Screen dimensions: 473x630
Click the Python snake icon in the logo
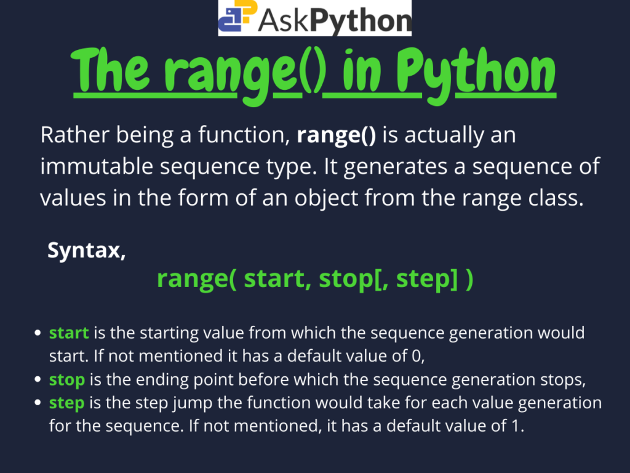[237, 19]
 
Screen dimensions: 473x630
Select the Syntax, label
[87, 251]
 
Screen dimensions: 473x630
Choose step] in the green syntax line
[428, 279]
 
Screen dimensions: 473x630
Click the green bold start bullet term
[69, 333]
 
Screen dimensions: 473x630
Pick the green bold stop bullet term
[67, 380]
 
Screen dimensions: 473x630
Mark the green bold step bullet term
[67, 403]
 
